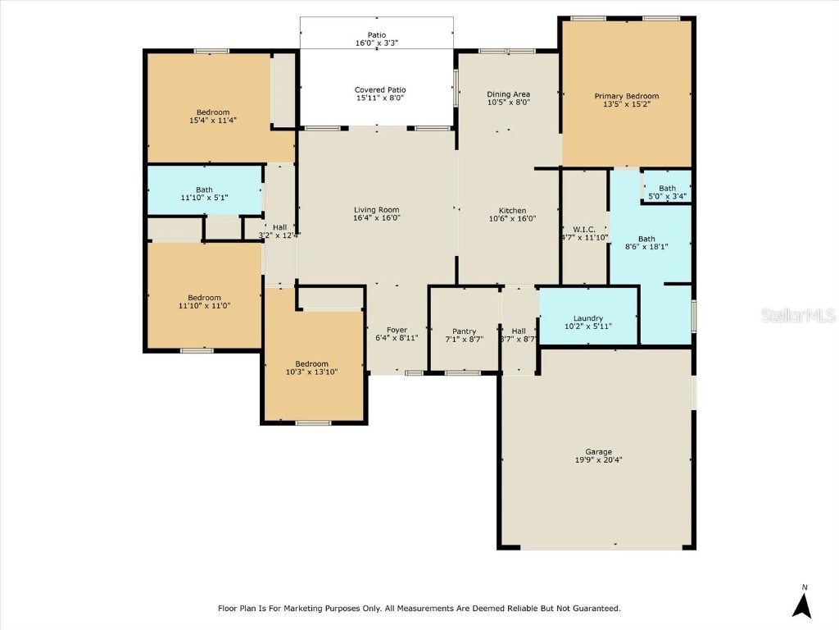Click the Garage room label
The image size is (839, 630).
click(598, 452)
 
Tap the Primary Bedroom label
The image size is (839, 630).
click(626, 96)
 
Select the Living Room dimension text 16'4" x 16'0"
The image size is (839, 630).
click(376, 219)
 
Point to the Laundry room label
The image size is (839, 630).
click(588, 318)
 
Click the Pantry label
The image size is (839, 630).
click(464, 331)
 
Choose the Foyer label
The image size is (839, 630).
click(397, 331)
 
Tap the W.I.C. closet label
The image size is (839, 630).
click(583, 229)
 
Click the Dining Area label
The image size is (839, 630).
click(508, 94)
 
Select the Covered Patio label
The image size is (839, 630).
click(379, 89)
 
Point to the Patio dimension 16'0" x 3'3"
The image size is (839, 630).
click(377, 43)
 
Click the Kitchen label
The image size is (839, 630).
click(512, 211)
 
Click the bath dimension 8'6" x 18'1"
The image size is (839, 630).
click(647, 247)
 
